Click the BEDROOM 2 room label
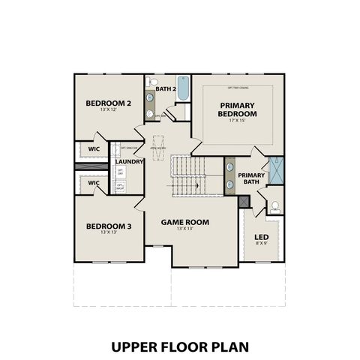coord(108,103)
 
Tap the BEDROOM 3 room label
coord(108,226)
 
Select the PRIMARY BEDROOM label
coord(238,109)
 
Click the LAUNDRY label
coord(130,161)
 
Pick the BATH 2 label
coord(165,89)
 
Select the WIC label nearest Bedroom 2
coord(94,149)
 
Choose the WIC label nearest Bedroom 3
coord(94,182)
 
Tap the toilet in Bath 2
coord(154,81)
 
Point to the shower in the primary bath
coord(277,169)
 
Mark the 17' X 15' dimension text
coord(238,121)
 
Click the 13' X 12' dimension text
coord(108,110)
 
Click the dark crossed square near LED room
coord(242,201)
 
